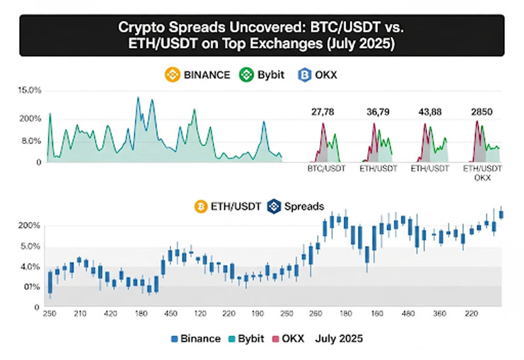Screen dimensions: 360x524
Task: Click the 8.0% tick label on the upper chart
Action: click(x=31, y=141)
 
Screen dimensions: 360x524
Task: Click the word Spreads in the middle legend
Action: click(x=304, y=206)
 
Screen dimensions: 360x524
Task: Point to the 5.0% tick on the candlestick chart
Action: click(x=31, y=247)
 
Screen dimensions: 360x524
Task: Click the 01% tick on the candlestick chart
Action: click(x=31, y=287)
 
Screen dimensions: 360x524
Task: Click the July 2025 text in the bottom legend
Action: click(x=339, y=339)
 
